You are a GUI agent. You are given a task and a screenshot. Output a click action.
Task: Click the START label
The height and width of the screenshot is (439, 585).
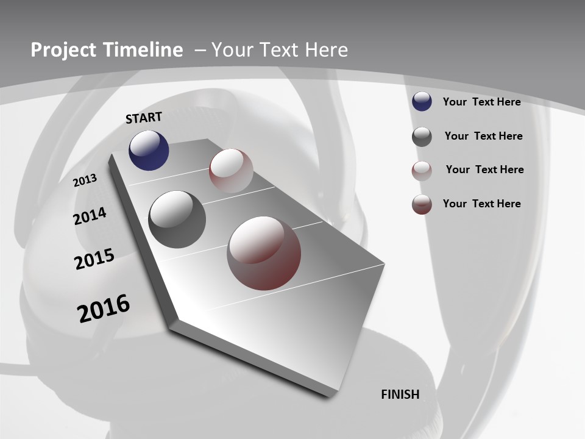[x=144, y=118]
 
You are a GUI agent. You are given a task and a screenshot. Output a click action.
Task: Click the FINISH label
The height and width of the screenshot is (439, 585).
[x=400, y=394]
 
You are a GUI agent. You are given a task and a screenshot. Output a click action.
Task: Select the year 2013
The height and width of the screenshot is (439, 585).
[x=85, y=180]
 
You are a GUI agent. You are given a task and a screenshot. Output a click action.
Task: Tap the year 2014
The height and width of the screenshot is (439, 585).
[x=90, y=216]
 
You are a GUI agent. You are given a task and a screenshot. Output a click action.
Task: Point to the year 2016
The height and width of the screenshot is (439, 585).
[x=104, y=309]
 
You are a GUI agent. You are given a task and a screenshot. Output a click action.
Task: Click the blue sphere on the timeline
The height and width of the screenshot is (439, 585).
[x=149, y=151]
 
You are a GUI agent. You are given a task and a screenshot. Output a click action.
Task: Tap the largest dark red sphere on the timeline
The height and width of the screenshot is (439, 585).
[x=264, y=253]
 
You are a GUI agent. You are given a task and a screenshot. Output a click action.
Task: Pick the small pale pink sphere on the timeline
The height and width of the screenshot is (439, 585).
[x=231, y=171]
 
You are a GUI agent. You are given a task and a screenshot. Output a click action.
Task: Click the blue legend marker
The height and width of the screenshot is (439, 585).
[x=422, y=102]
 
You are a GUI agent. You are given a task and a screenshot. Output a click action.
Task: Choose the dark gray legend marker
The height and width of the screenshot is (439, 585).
[x=422, y=137]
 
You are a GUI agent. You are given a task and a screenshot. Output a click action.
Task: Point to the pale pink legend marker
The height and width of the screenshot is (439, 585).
[x=422, y=171]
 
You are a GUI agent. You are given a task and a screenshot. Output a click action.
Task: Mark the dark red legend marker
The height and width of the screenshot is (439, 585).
[x=422, y=204]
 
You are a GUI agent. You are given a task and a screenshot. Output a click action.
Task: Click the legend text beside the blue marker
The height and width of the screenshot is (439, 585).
[x=481, y=102]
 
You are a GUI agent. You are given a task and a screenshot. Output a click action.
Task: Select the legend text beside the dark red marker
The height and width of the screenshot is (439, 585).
[x=481, y=204]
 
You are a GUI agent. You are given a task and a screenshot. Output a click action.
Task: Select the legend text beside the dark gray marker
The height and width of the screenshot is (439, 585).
[x=483, y=136]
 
